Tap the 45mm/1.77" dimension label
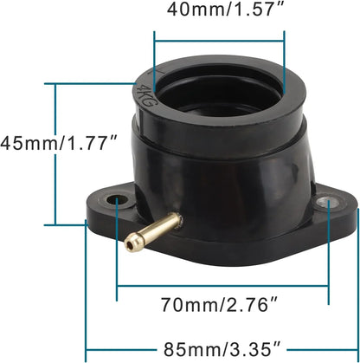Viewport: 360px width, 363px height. pos(60,143)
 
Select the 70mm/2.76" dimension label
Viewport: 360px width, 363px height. pos(219,304)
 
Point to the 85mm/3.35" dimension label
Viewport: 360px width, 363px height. pos(222,349)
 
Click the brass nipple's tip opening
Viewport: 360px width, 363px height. pos(131,245)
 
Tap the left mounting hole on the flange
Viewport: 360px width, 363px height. pos(117,199)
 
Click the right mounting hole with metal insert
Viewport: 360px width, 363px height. pos(329,202)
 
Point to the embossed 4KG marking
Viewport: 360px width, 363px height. pos(145,95)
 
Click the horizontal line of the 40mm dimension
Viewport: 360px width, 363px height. pos(220,42)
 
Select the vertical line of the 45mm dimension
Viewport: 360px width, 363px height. pos(55,154)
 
